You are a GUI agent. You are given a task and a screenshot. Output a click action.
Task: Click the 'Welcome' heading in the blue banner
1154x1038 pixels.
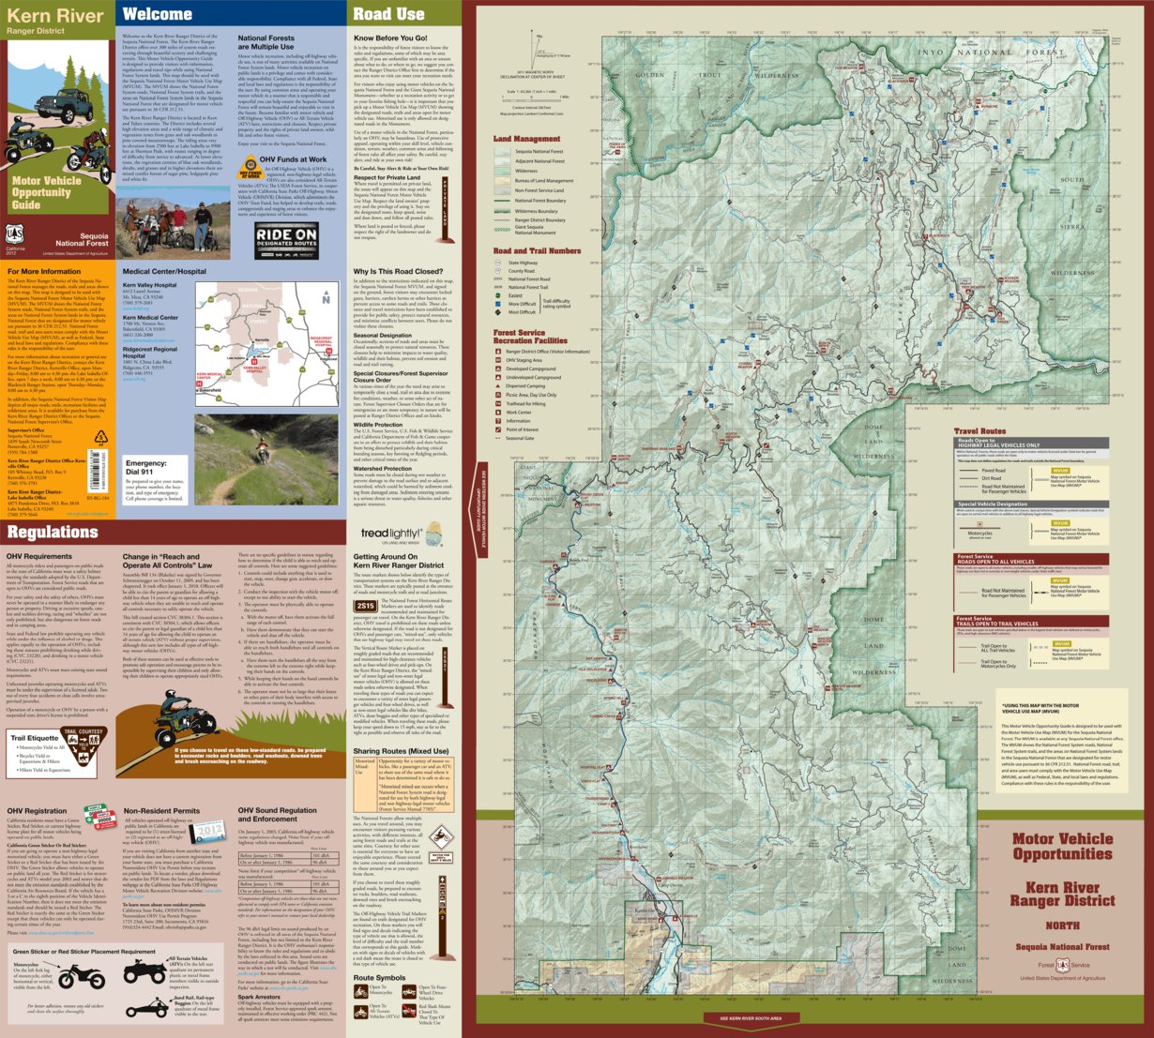pos(158,14)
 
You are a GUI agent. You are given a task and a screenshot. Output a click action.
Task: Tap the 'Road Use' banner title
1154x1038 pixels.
pos(388,14)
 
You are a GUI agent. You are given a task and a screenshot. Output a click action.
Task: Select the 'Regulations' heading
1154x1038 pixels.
pos(53,532)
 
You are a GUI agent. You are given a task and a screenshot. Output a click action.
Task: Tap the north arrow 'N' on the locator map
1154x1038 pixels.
pos(326,299)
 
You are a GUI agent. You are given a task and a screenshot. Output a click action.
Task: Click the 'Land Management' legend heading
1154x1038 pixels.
pos(526,139)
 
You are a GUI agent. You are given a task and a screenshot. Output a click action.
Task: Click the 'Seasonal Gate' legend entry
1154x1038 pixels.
pos(520,438)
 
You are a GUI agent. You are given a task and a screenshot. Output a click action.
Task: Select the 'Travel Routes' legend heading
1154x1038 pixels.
pos(979,431)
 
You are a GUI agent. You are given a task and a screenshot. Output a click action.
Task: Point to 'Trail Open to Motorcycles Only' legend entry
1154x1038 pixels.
pos(998,665)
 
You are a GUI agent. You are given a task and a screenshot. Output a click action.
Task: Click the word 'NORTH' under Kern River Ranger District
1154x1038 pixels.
pos(1062,926)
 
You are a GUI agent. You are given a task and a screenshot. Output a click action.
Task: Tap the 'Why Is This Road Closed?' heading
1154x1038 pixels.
pos(398,271)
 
